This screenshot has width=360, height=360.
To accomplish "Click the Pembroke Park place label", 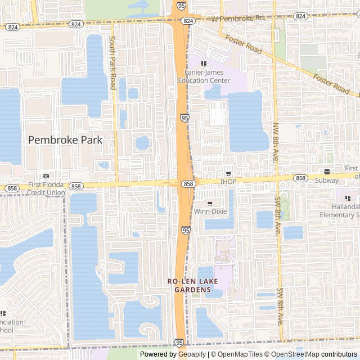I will (x=65, y=139).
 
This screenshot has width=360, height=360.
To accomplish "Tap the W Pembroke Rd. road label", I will (x=238, y=19).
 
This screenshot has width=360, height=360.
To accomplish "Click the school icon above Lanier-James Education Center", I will (x=204, y=64).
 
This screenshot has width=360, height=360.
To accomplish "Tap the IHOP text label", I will (x=228, y=182).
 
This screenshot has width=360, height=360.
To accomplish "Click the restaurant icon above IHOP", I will (x=228, y=173).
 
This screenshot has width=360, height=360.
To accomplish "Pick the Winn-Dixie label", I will (x=209, y=211).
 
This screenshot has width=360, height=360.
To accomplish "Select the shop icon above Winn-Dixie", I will (x=210, y=203).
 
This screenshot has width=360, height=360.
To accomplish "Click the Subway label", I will (x=327, y=181).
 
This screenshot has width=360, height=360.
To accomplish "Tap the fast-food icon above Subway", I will (x=327, y=172).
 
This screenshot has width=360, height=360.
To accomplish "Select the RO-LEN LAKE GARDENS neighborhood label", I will (x=192, y=285).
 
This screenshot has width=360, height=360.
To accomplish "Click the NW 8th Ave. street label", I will (x=276, y=143).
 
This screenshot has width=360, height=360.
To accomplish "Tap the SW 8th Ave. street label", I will (x=279, y=213).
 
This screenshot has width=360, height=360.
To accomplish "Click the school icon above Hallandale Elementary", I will (x=348, y=199).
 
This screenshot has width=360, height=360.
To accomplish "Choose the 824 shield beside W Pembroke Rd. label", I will (x=188, y=20).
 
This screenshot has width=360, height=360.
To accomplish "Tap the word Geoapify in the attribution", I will (x=192, y=354).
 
